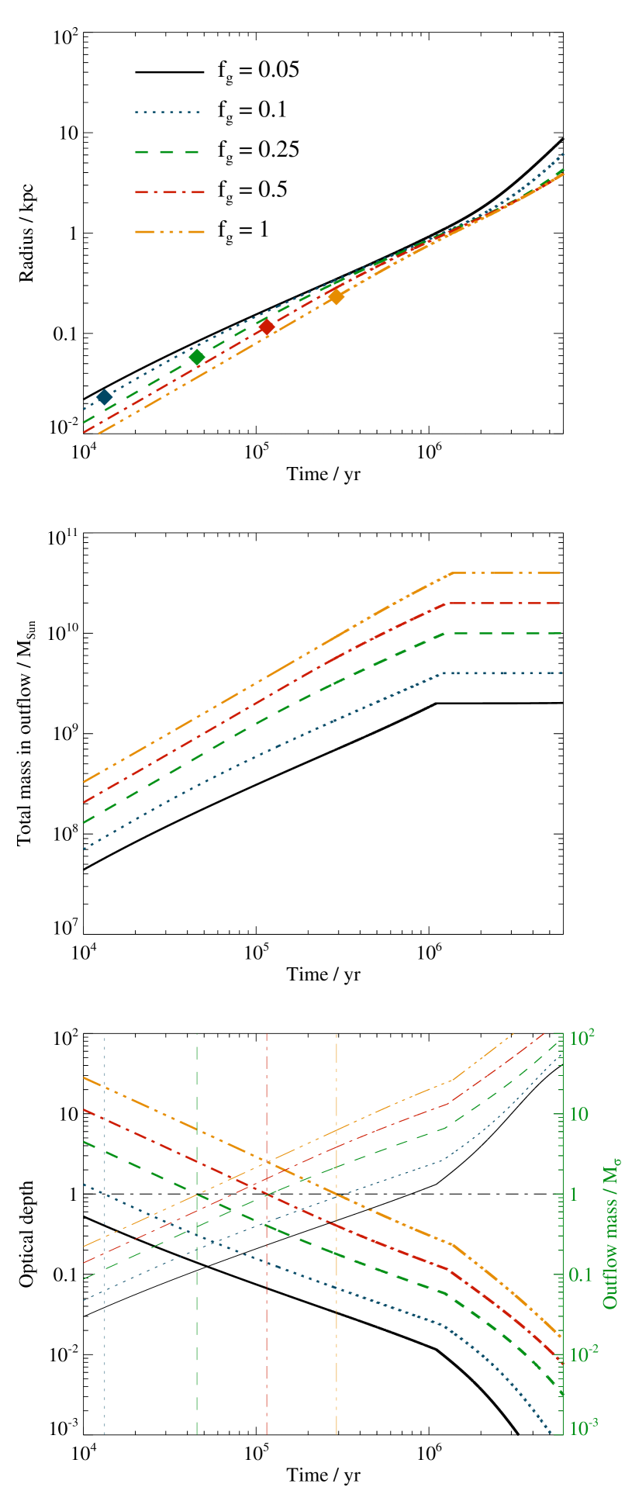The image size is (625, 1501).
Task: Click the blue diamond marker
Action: tap(104, 397)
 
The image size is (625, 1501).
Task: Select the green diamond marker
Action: tap(197, 357)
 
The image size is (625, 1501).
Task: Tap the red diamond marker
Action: tap(267, 327)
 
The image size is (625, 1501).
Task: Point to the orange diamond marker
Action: tap(337, 296)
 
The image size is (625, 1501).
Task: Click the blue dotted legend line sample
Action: tap(167, 112)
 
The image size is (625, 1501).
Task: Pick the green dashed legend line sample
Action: tap(167, 152)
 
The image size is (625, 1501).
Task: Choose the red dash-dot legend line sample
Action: tap(169, 192)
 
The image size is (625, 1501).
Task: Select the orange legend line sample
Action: tap(169, 231)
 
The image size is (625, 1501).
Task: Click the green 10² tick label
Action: tap(582, 1037)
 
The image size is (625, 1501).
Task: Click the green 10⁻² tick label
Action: tap(582, 1354)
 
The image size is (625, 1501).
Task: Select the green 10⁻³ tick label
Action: tap(582, 1428)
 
